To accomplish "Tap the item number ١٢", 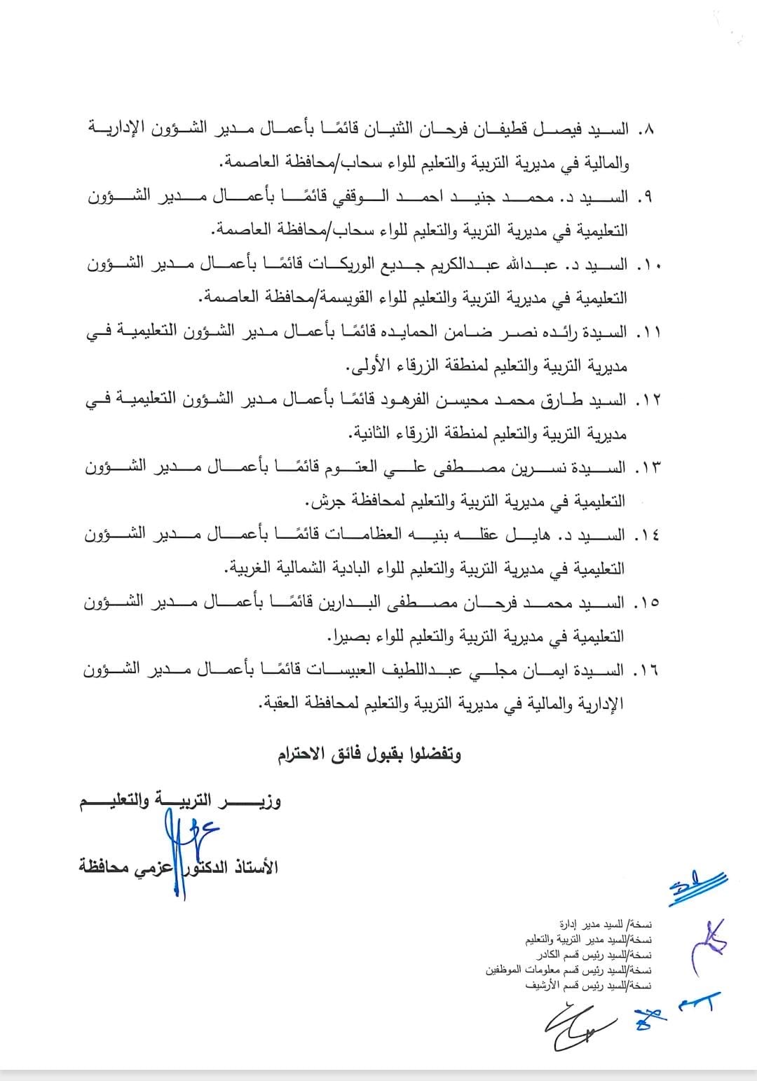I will tap(646, 401).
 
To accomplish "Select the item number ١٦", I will tap(646, 671).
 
